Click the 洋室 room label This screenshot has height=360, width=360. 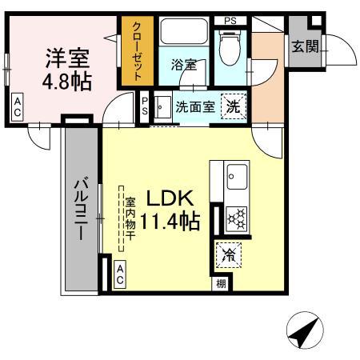[66, 58]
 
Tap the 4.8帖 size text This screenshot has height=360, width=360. [66, 82]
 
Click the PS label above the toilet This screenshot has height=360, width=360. [230, 20]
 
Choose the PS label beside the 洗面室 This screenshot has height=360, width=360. [146, 107]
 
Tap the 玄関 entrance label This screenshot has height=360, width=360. [306, 47]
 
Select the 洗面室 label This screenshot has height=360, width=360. [194, 107]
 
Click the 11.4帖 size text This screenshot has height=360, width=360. [171, 222]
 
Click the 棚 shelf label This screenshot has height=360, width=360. [219, 283]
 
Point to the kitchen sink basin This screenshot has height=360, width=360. [234, 174]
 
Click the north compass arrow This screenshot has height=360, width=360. [302, 331]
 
